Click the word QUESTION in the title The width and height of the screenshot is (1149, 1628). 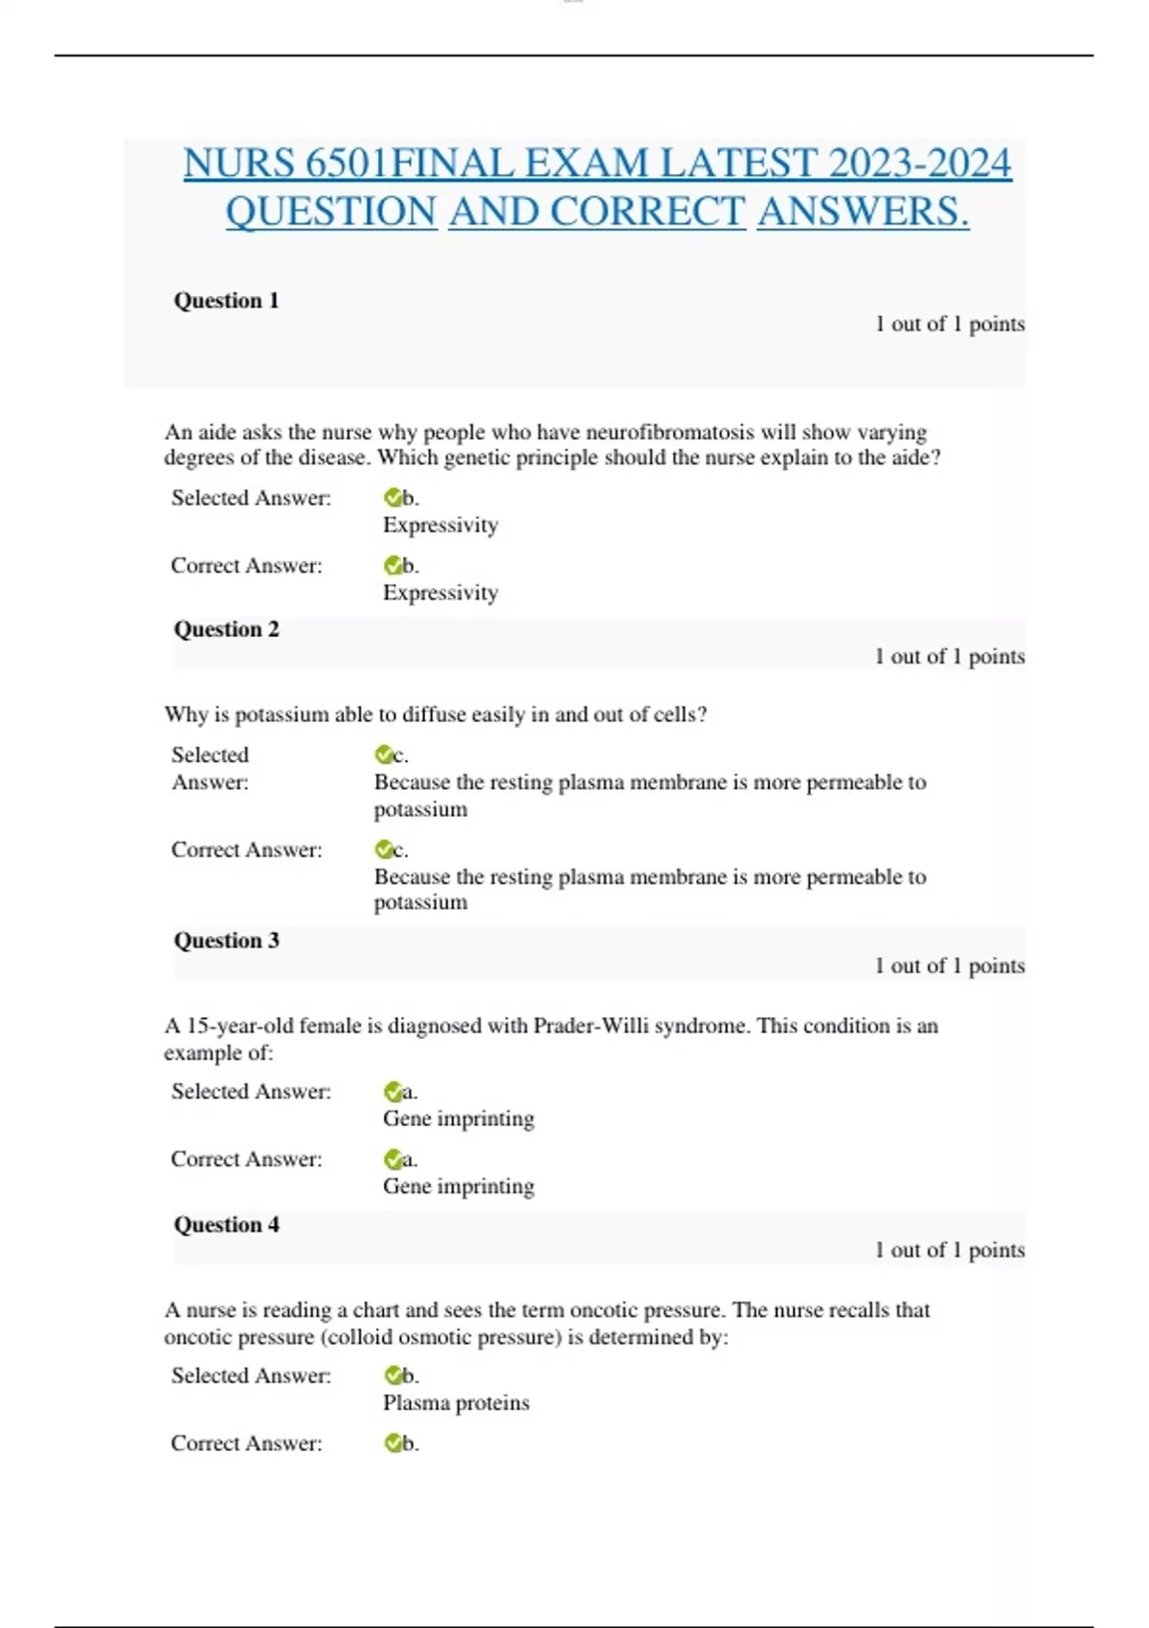(x=331, y=212)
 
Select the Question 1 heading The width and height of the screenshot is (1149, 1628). (x=226, y=301)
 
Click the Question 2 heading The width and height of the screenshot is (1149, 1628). (x=226, y=629)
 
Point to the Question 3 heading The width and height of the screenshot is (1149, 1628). (x=226, y=940)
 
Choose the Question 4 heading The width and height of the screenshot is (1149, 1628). (x=226, y=1225)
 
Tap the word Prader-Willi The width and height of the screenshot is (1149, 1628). (x=593, y=1026)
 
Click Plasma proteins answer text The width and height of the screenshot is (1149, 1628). (x=456, y=1403)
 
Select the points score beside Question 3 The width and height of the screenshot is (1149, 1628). (x=949, y=965)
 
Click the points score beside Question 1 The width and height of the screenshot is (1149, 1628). (x=949, y=324)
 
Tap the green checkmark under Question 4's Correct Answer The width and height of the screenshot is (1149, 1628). (x=393, y=1443)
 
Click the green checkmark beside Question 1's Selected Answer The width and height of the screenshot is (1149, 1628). (x=393, y=498)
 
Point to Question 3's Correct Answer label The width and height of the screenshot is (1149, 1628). (x=246, y=1159)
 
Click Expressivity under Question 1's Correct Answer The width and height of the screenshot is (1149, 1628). (x=440, y=593)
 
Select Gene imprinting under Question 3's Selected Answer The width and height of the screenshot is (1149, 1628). (x=459, y=1119)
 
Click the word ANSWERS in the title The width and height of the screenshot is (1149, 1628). (x=862, y=212)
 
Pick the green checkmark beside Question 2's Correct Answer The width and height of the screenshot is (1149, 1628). (x=384, y=849)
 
